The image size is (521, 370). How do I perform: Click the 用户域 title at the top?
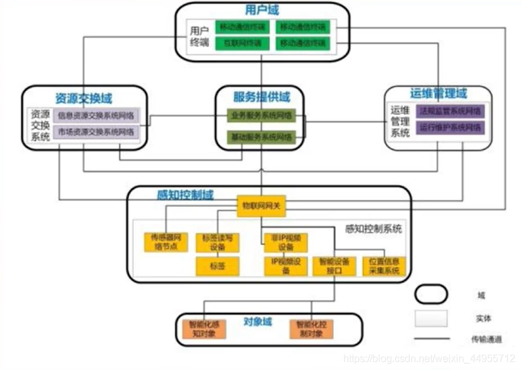pos(261,10)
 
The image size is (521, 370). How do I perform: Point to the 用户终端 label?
pos(199,36)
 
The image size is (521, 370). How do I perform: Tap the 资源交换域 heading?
pos(83,98)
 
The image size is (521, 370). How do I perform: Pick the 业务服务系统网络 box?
pos(262,116)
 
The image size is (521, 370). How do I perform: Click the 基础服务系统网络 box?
pos(262,136)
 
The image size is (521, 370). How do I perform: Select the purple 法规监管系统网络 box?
pos(451,111)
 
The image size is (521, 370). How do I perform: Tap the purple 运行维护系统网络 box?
pos(451,127)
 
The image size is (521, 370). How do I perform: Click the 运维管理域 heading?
pos(439,94)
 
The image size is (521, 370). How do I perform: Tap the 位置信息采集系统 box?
pos(384,266)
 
